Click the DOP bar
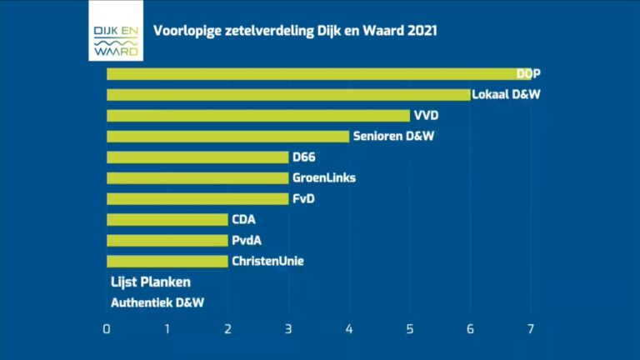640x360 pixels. point(317,74)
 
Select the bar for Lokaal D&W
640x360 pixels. point(288,95)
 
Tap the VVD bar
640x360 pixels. point(258,116)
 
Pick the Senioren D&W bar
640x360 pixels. point(227,137)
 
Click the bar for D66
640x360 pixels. point(197,157)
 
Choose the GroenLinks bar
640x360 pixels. point(197,178)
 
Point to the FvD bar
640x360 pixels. point(197,199)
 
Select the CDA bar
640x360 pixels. point(167,220)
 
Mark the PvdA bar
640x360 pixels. point(167,241)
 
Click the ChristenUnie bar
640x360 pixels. point(167,262)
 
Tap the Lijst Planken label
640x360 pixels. point(151,282)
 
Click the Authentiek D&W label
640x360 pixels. point(157,303)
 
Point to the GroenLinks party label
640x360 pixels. point(324,178)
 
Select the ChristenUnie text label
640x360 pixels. point(267,262)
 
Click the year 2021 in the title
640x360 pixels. point(422,31)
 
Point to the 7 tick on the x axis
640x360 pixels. point(531,328)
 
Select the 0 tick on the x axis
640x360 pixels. point(107,328)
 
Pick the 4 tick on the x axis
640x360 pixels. point(349,328)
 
